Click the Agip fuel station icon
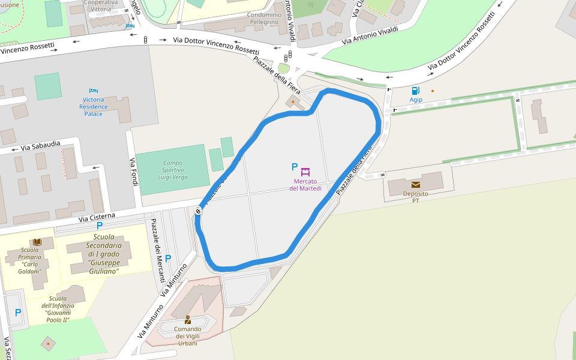pyautogui.click(x=415, y=91)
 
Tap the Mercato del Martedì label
pyautogui.click(x=305, y=185)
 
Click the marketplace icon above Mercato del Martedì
pyautogui.click(x=305, y=172)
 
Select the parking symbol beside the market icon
pyautogui.click(x=294, y=167)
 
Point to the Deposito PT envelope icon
pyautogui.click(x=415, y=185)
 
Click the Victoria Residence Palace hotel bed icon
pyautogui.click(x=93, y=91)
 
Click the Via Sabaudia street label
pyautogui.click(x=41, y=145)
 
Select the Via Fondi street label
pyautogui.click(x=133, y=172)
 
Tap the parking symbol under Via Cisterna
pyautogui.click(x=100, y=226)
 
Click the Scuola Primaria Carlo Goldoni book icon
pyautogui.click(x=37, y=242)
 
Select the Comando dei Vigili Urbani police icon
pyautogui.click(x=188, y=320)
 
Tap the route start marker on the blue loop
pyautogui.click(x=198, y=211)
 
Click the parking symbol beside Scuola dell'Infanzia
pyautogui.click(x=18, y=313)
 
